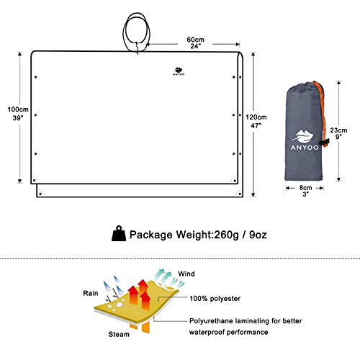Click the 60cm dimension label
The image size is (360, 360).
click(195, 39)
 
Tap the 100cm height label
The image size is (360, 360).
click(18, 109)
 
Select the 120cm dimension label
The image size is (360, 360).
click(256, 117)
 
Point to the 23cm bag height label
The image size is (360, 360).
click(338, 130)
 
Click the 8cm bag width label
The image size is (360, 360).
click(305, 188)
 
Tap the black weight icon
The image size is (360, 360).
click(119, 233)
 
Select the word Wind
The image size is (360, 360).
click(186, 274)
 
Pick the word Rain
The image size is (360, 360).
click(91, 293)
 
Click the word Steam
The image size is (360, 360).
click(119, 334)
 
